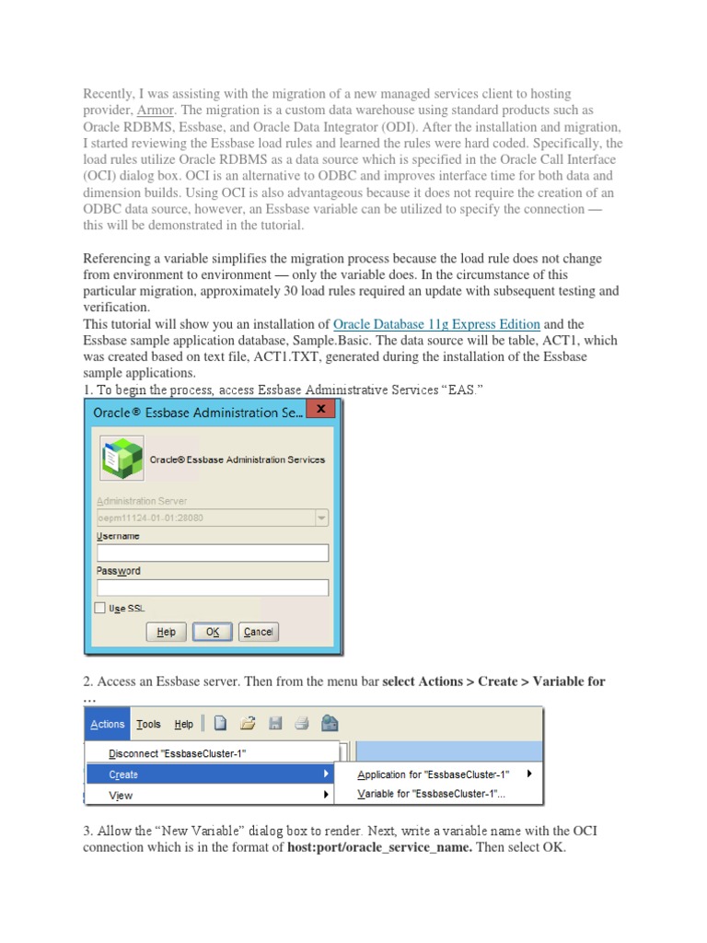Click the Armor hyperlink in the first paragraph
(154, 110)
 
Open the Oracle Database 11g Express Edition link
(436, 324)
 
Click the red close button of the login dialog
(319, 409)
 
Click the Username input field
(212, 553)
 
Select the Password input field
(212, 588)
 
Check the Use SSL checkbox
(100, 609)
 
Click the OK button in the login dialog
(213, 632)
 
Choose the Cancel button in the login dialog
(258, 632)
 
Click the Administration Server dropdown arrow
(321, 518)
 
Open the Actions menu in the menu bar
(107, 724)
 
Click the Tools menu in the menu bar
(148, 724)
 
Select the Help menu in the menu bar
(184, 724)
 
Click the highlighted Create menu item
(123, 774)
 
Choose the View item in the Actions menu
(121, 795)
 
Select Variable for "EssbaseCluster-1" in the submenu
(431, 794)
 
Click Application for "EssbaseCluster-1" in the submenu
(433, 774)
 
